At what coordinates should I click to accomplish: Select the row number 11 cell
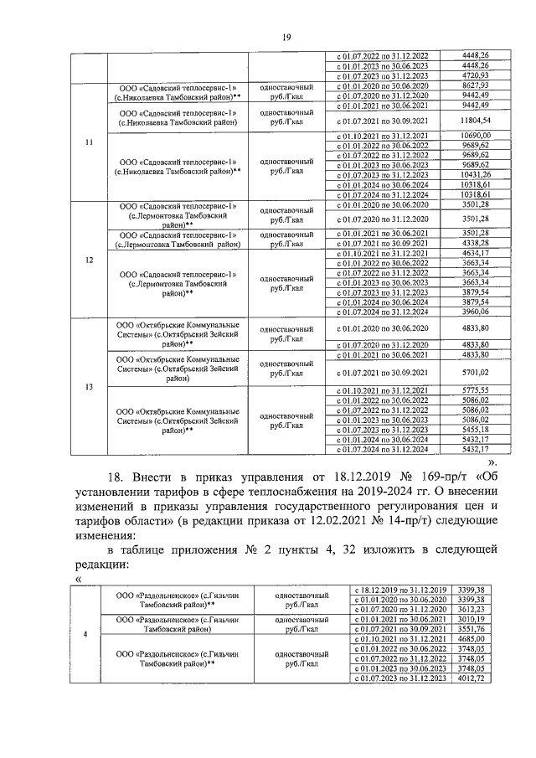click(x=89, y=140)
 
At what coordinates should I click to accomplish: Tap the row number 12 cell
click(x=89, y=259)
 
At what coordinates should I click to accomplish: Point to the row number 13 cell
click(x=89, y=387)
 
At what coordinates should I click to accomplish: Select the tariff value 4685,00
click(x=473, y=638)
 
